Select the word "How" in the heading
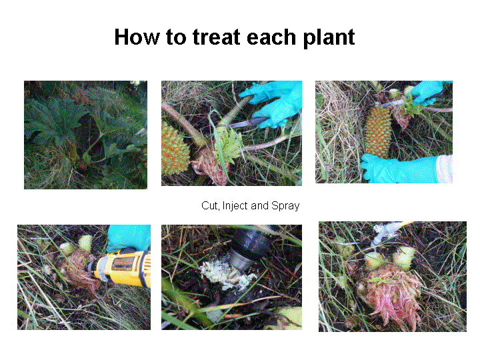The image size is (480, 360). click(x=137, y=37)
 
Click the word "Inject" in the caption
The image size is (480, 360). click(x=235, y=206)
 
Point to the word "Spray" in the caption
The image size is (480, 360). click(x=285, y=206)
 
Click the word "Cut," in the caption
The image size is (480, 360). click(x=211, y=206)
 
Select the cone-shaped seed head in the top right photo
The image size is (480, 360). click(x=379, y=131)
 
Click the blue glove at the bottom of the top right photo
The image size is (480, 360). click(x=398, y=169)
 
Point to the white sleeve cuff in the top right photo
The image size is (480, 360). click(x=445, y=169)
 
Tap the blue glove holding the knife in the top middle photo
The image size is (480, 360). click(x=273, y=103)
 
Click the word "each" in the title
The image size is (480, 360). click(x=271, y=37)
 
